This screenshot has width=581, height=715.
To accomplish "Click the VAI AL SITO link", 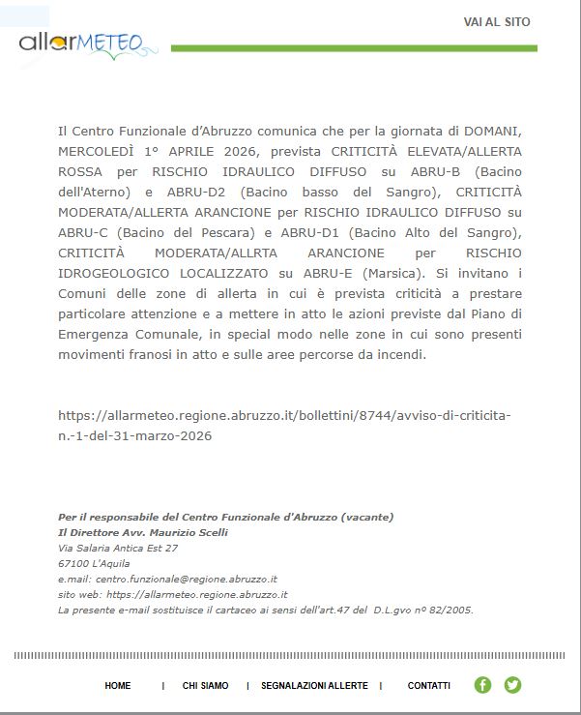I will tap(497, 22).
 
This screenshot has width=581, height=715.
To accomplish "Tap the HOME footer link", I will tap(118, 686).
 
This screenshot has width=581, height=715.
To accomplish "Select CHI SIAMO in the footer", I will tap(206, 686).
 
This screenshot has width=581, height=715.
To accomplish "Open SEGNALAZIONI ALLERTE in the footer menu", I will tap(314, 686).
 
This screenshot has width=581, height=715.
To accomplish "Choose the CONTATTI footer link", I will tap(428, 686).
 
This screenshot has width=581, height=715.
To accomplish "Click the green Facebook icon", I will tap(483, 685).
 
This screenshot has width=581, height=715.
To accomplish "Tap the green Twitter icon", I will tap(512, 685).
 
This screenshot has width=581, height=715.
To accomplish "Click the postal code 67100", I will tap(73, 563).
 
